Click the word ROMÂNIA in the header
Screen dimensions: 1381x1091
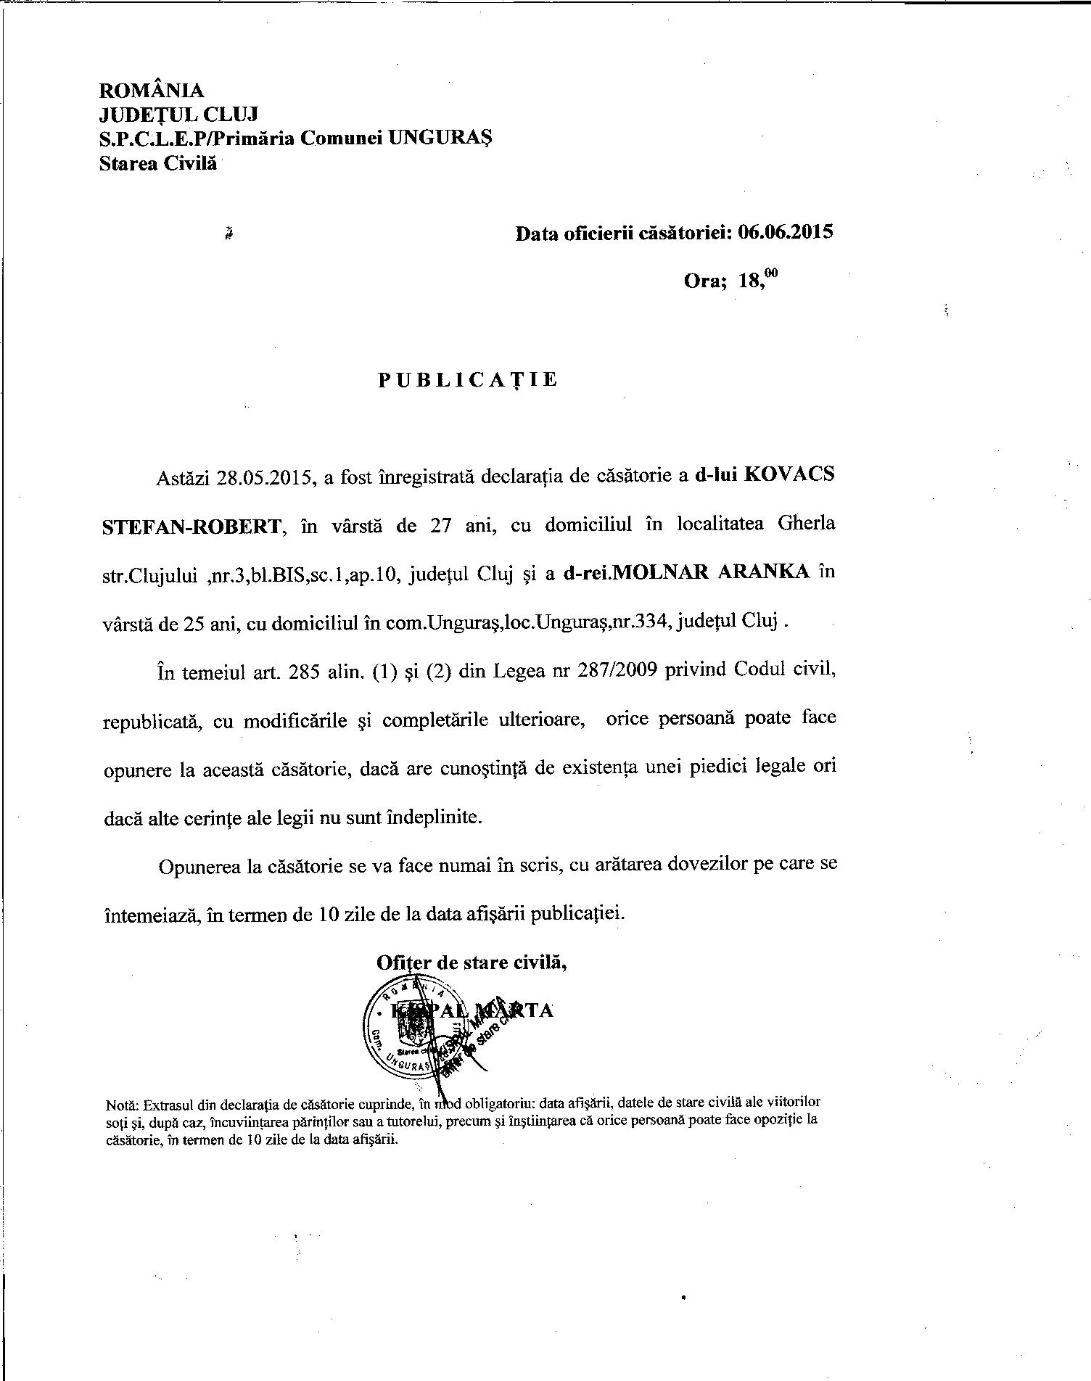(151, 91)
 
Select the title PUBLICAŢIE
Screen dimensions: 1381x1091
(468, 380)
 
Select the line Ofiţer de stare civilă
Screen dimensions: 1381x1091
(471, 962)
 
